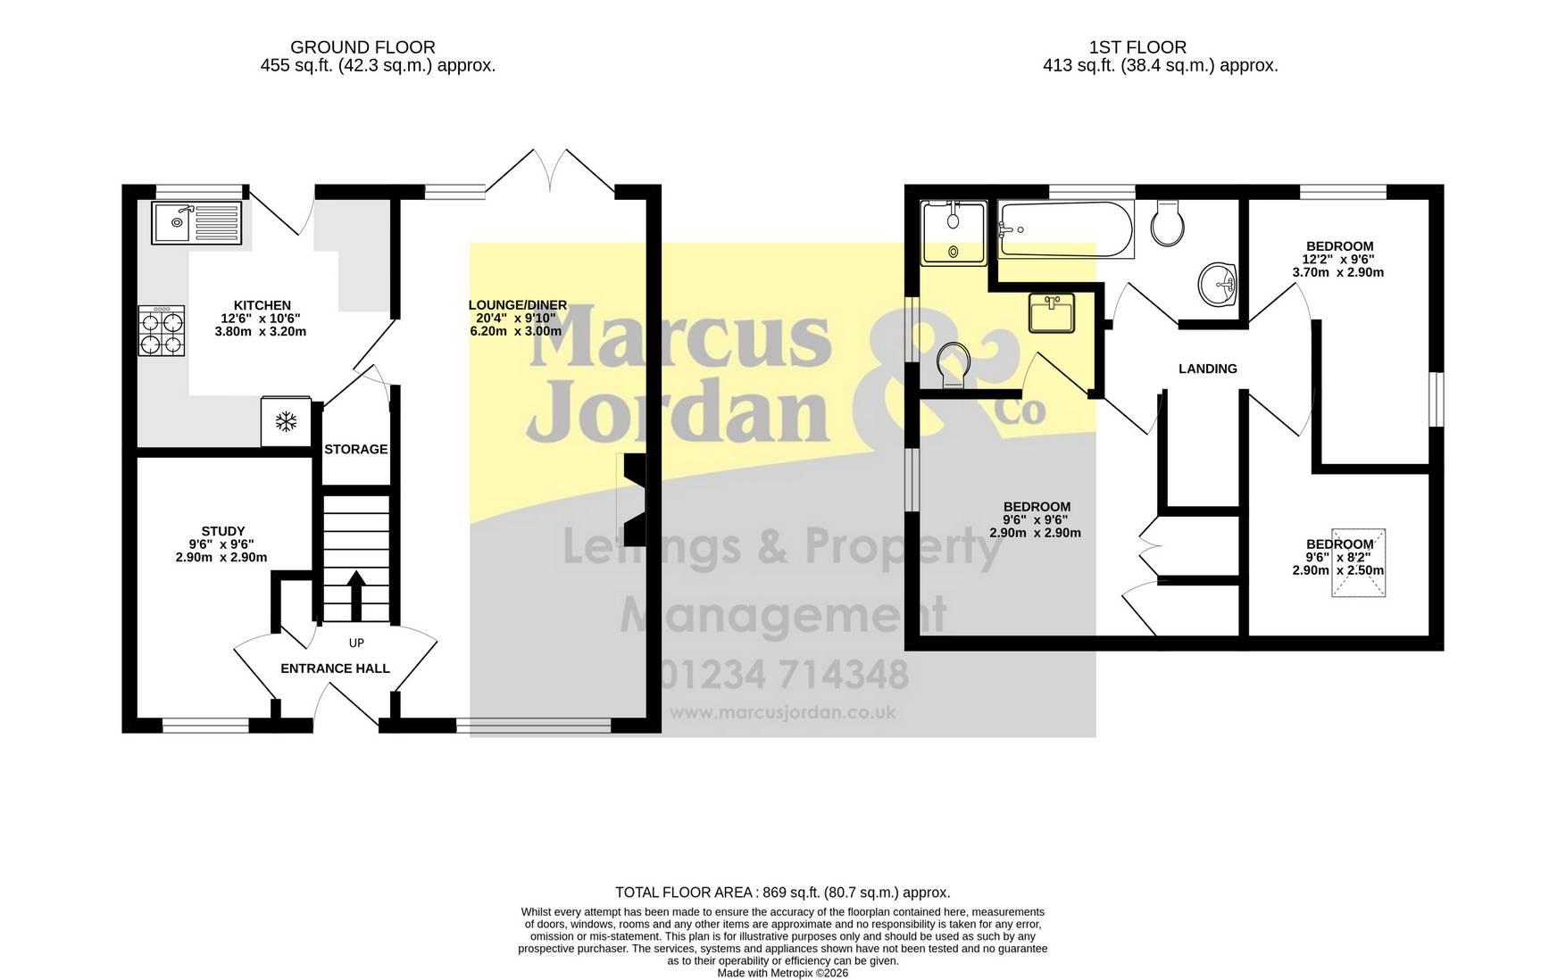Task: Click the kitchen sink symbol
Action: [197, 223]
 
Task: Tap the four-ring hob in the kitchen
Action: [162, 331]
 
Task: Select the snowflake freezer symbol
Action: [286, 422]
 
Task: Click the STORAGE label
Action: [356, 449]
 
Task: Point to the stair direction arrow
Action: [355, 595]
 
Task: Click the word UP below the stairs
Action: [356, 643]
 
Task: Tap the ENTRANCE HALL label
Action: [336, 669]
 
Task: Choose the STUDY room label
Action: [222, 531]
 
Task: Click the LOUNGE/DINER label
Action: [518, 305]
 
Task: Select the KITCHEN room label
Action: [262, 305]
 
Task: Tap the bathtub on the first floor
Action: [1066, 229]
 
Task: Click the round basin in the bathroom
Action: [1218, 285]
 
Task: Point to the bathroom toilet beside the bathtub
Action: [1168, 222]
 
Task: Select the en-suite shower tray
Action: [954, 232]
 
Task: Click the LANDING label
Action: [1208, 369]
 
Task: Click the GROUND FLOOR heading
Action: [363, 47]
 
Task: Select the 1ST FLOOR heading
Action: [1138, 47]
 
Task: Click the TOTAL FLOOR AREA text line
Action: [783, 893]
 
